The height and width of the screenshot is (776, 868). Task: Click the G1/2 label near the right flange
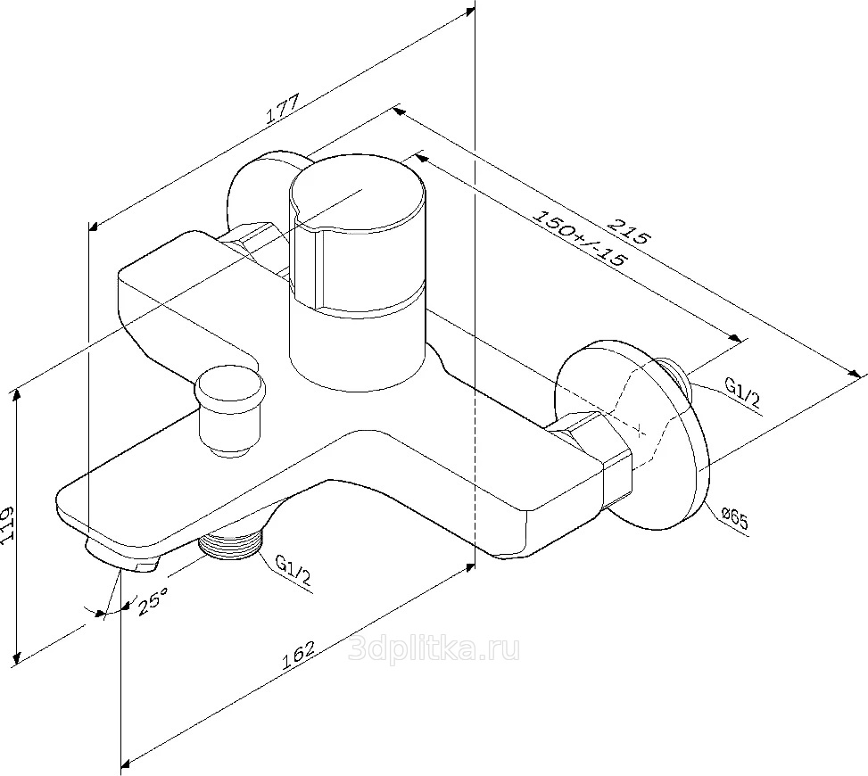741,392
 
